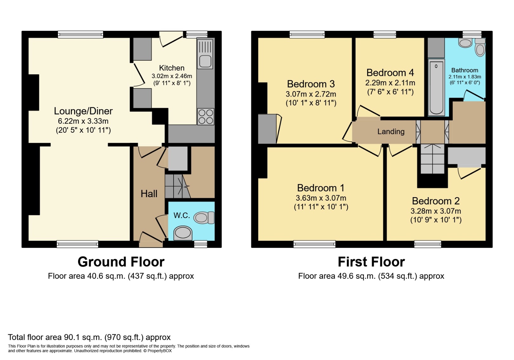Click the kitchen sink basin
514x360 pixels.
point(205,61)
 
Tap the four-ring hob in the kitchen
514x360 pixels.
point(206,117)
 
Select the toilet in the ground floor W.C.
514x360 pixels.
point(204,218)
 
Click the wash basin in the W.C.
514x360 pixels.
point(183,233)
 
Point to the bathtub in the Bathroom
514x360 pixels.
point(436,87)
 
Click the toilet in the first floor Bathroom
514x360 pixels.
point(480,48)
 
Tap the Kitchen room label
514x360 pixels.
point(172,68)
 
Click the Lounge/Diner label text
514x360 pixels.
point(83,111)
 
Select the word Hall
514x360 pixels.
point(149,194)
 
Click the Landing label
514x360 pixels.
point(391,131)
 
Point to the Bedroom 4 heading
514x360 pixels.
point(390,73)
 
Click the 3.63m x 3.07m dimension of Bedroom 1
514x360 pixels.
point(321,198)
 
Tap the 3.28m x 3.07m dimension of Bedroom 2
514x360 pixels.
point(436,211)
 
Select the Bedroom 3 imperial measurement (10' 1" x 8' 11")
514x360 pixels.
point(311,103)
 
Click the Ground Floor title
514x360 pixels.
point(121,262)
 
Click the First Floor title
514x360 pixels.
point(371,262)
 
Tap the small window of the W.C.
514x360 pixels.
point(201,244)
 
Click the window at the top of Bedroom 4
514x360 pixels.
point(385,34)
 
